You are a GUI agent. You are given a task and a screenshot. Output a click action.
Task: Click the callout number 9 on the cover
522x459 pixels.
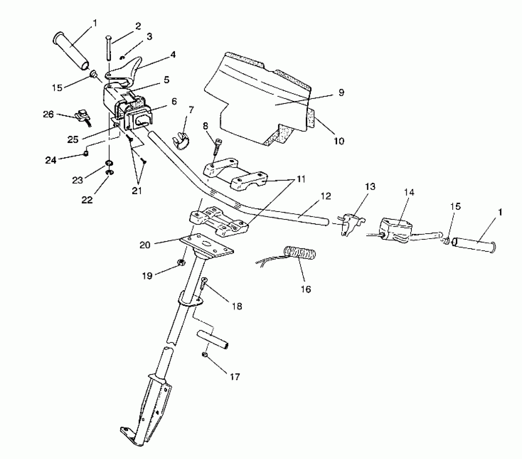point(341,93)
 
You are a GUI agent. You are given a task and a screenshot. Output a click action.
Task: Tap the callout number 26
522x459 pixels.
point(49,114)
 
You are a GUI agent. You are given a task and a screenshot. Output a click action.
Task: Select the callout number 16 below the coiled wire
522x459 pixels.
point(306,289)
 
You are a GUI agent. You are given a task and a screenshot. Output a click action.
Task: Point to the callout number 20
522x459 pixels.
point(145,245)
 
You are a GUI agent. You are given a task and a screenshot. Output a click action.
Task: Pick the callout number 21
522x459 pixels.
point(137,191)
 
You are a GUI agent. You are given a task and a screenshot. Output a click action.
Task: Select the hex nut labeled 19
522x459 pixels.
point(181,262)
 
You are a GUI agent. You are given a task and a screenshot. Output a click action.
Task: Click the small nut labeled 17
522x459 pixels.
point(204,355)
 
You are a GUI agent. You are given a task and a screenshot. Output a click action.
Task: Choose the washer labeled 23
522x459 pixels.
point(109,163)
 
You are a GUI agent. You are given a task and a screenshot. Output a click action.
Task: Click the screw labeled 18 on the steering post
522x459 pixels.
point(203,284)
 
